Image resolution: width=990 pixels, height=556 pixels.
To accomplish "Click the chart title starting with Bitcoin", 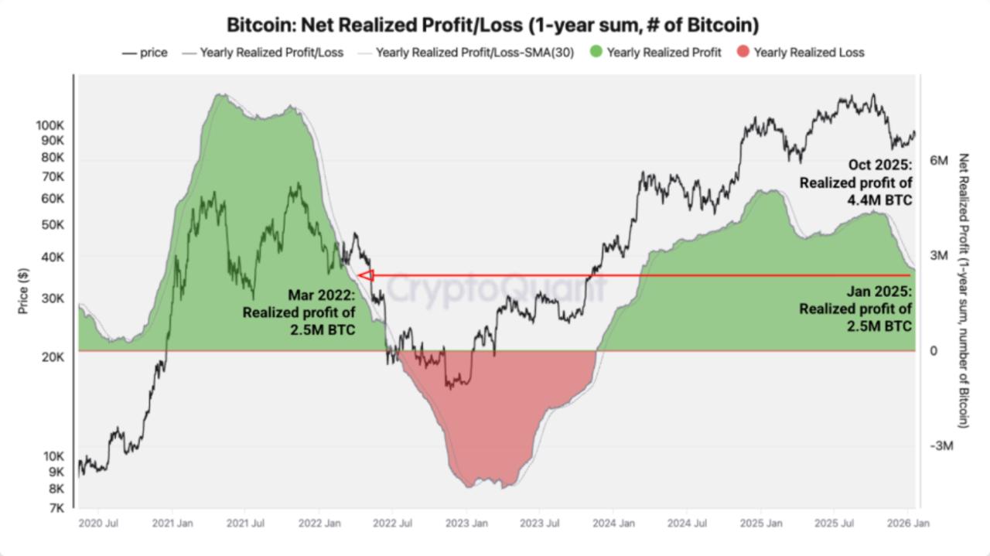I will tap(493, 25).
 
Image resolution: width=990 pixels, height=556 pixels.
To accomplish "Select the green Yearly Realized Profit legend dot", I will tap(596, 53).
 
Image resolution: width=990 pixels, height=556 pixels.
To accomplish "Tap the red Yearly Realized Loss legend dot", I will tap(742, 53).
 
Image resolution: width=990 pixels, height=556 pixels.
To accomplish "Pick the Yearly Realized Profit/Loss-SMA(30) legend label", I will tap(475, 53).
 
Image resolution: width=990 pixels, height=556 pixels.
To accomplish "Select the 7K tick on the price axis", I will tap(56, 508).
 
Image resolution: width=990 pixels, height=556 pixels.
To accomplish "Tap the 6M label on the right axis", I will tap(939, 160).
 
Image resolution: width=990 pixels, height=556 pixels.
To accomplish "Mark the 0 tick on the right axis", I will tap(934, 351).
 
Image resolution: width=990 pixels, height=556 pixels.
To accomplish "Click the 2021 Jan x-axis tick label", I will tap(172, 524).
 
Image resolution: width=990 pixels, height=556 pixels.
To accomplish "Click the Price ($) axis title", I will tap(24, 291).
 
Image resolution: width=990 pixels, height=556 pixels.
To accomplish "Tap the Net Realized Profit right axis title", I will tap(963, 290).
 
